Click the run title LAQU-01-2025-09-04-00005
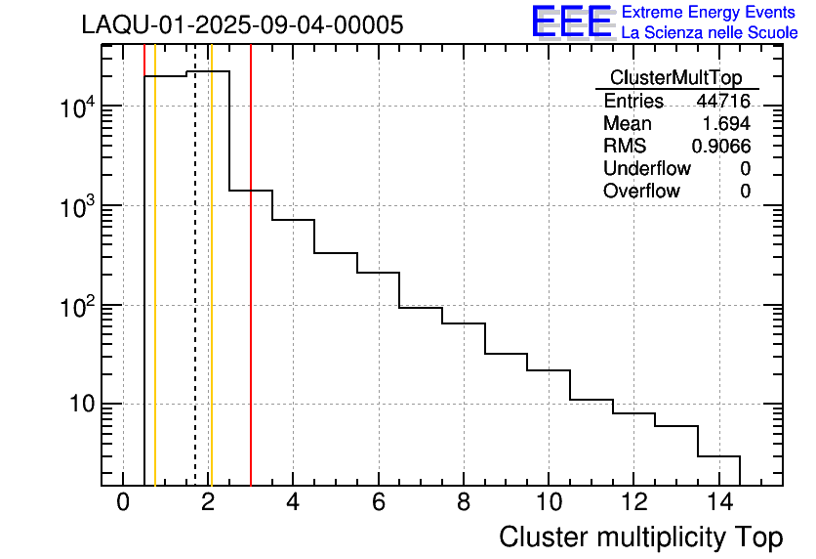click(242, 25)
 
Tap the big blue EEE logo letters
click(572, 21)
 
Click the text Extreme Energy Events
click(709, 13)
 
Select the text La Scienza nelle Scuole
click(710, 32)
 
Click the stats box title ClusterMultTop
click(675, 78)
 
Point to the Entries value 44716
click(722, 101)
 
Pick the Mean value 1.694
click(726, 123)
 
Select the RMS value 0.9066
click(720, 146)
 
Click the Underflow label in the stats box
click(646, 168)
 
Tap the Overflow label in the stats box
click(641, 191)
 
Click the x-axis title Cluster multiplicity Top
click(640, 537)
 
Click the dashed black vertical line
click(195, 293)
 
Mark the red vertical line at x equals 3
click(251, 293)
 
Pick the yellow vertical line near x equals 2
click(211, 293)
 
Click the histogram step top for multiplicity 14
click(718, 456)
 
